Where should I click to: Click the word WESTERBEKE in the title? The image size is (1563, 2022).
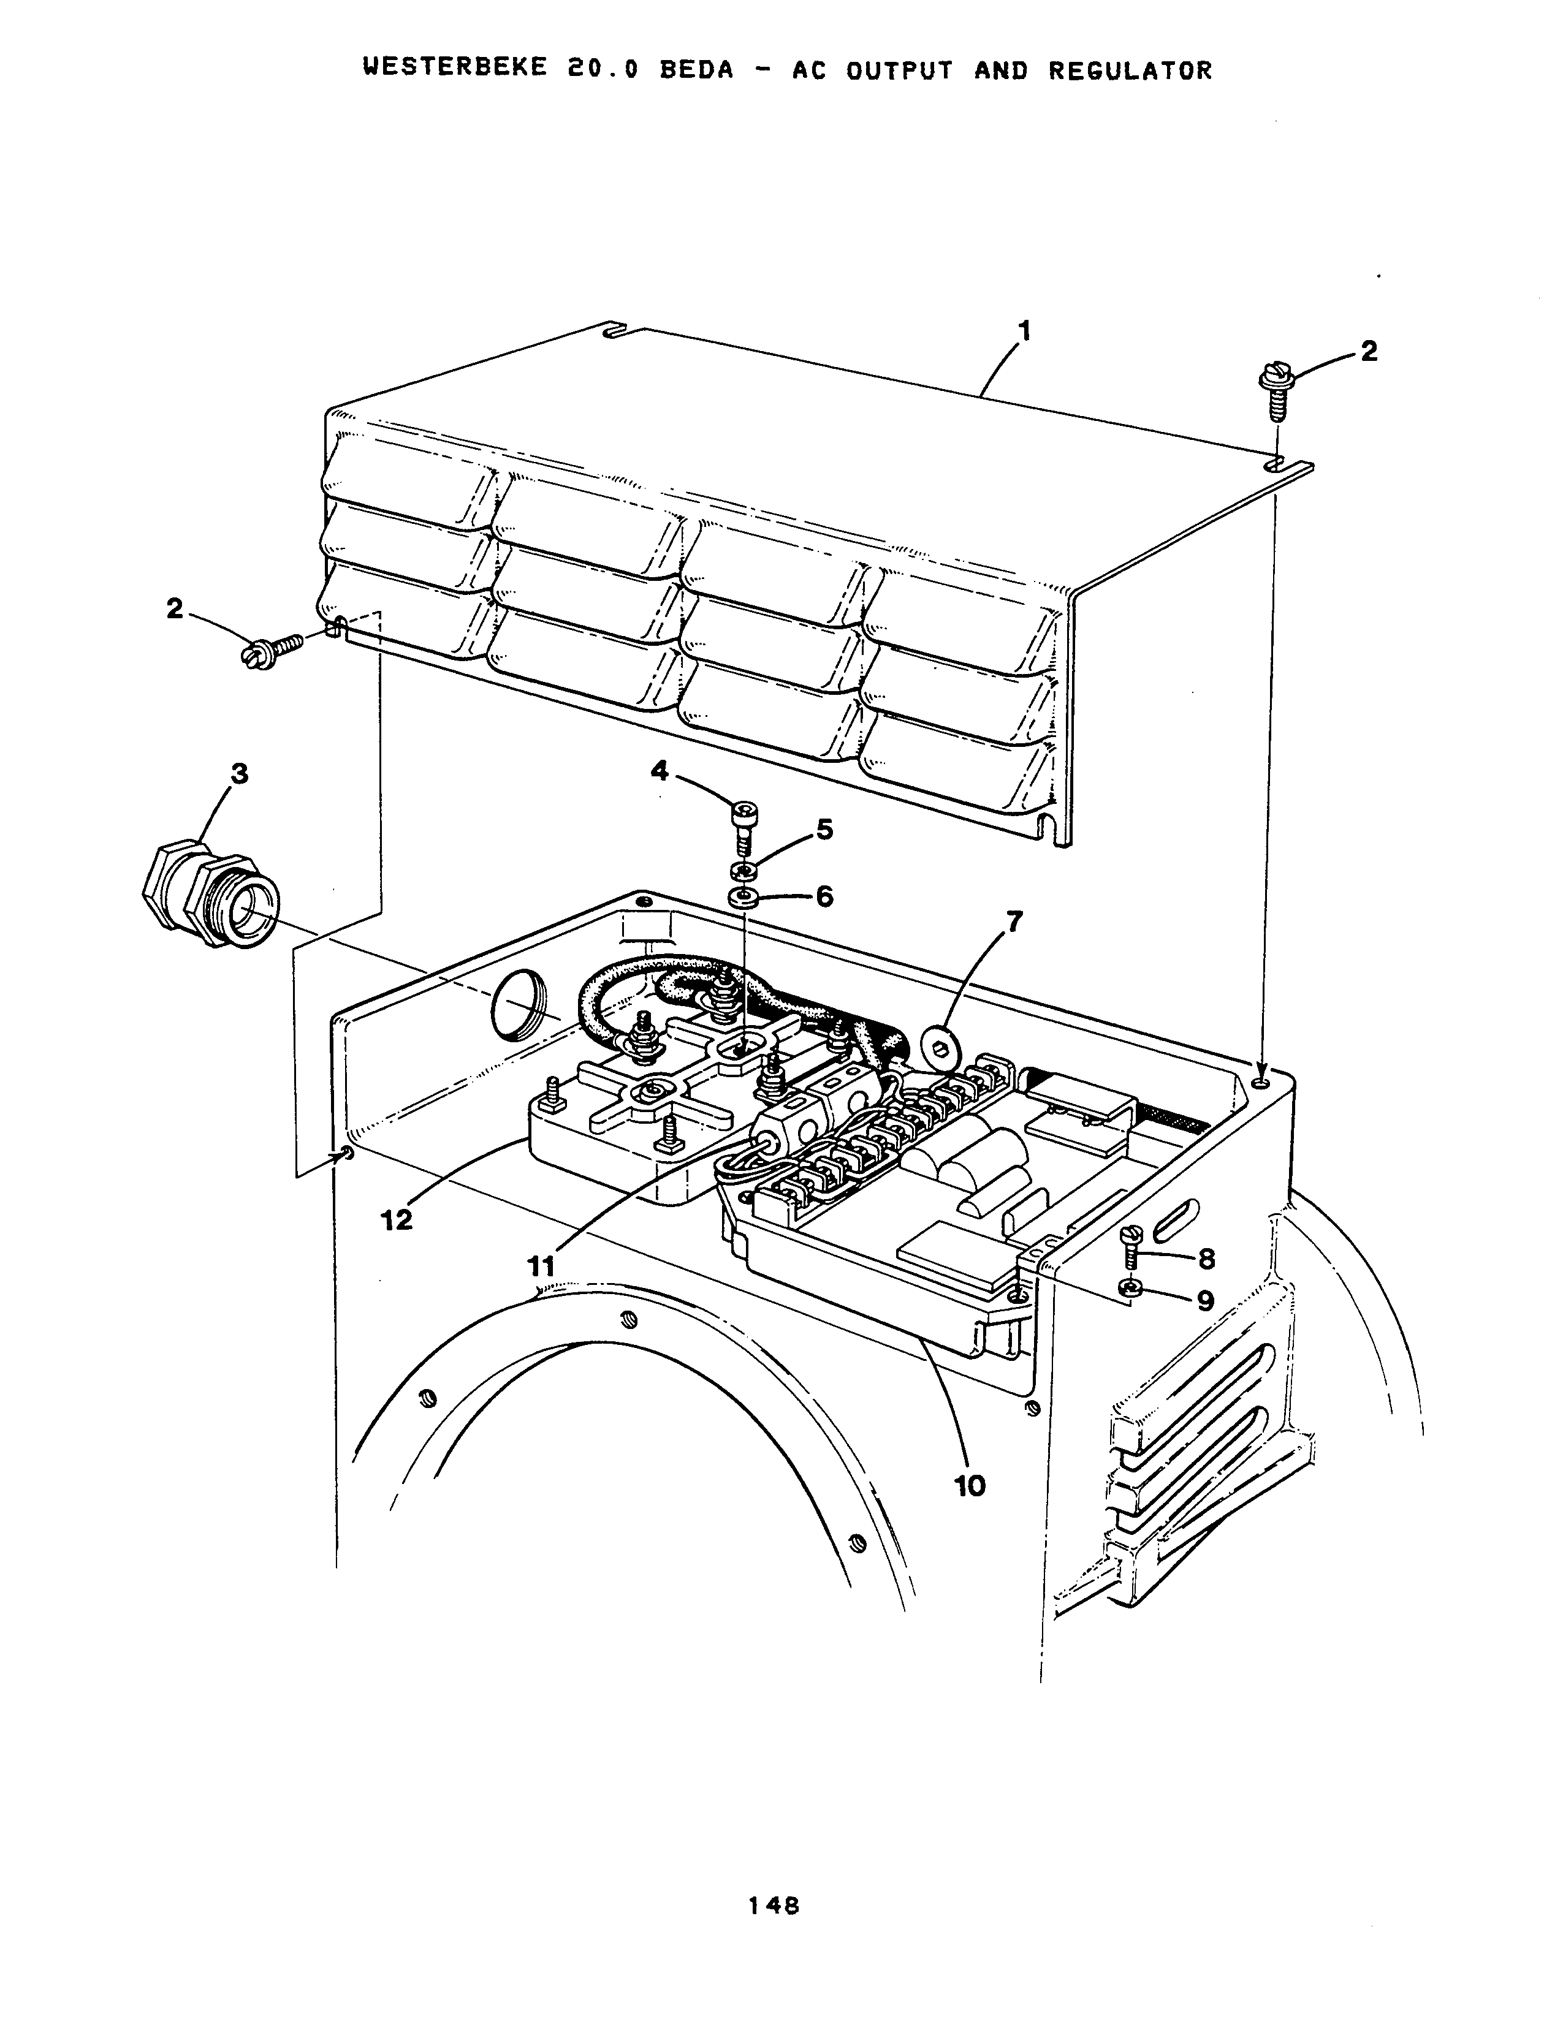tap(446, 70)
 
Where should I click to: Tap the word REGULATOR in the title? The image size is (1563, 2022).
tap(1130, 70)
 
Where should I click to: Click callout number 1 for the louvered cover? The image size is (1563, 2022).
tap(1024, 330)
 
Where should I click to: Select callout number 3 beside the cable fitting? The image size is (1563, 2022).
tap(239, 773)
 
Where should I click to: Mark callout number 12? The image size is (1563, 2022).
tap(397, 1220)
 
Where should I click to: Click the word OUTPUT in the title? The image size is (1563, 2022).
tap(900, 70)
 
